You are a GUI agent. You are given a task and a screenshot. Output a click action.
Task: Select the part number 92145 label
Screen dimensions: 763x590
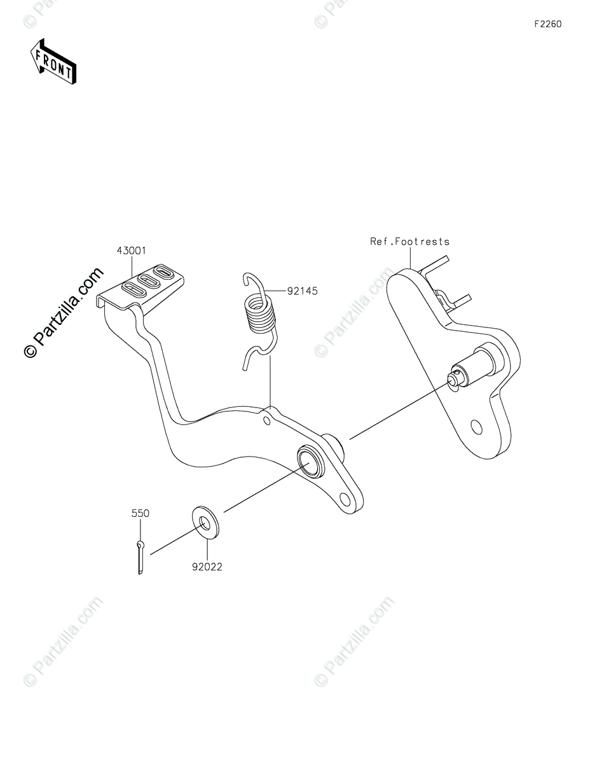point(302,291)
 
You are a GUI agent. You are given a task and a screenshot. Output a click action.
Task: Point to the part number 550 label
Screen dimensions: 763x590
point(141,513)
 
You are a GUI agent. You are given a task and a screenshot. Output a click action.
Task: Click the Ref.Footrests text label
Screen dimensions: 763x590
point(410,242)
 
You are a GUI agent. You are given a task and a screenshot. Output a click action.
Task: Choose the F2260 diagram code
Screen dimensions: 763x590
point(547,24)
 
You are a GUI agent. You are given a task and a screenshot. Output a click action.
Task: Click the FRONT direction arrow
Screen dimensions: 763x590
point(53,62)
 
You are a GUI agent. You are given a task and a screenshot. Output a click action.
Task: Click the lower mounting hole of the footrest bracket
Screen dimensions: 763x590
point(476,425)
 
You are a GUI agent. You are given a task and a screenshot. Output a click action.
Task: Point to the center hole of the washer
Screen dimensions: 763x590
point(205,523)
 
